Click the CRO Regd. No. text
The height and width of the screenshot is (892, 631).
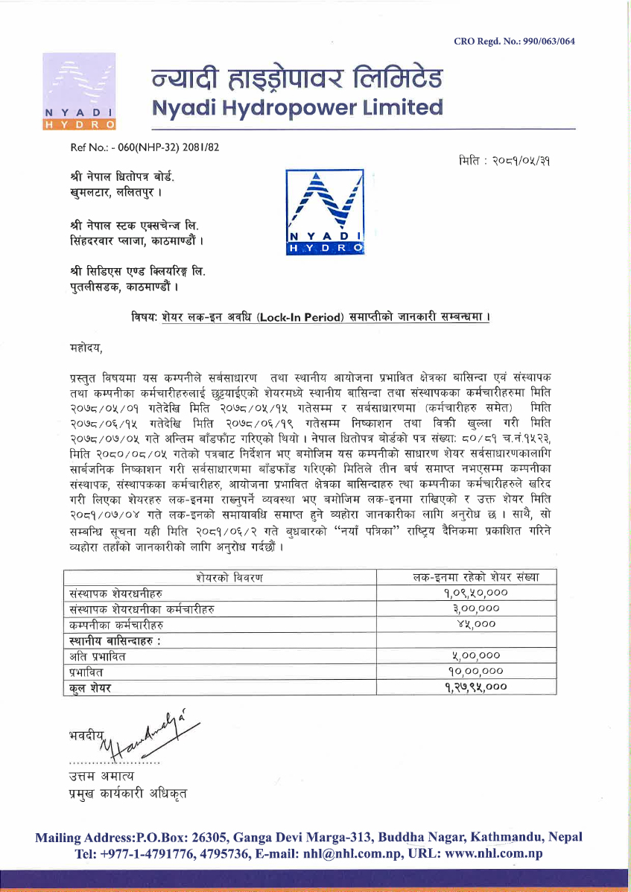point(514,41)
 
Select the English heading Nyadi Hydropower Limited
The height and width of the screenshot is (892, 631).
point(297,108)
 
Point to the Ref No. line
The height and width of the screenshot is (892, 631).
point(145,147)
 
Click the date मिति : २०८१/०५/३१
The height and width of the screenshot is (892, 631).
point(507,159)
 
